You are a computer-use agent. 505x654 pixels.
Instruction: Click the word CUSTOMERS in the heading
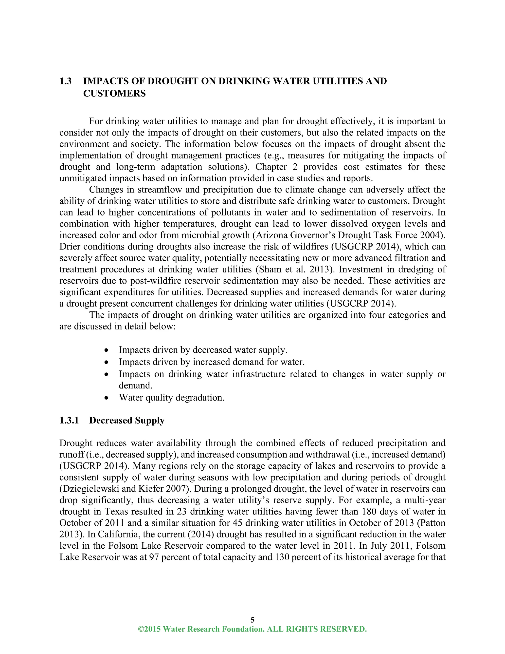(114, 94)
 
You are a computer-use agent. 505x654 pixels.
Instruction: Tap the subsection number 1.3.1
(69, 421)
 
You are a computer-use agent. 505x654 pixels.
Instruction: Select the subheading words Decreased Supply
(127, 421)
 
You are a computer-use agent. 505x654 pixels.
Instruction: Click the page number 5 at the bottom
(252, 619)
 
